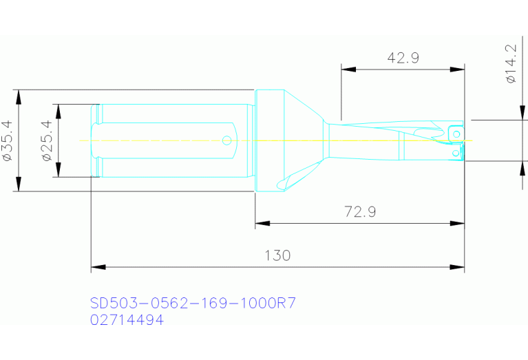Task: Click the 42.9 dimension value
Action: [x=403, y=58]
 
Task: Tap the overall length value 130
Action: [x=277, y=255]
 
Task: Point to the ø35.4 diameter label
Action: [x=8, y=140]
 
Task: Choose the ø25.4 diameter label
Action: [x=47, y=140]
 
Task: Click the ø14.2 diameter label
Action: [x=510, y=64]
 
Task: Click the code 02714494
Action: [x=127, y=319]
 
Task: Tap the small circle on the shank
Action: [x=226, y=140]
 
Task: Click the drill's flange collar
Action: [x=270, y=140]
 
